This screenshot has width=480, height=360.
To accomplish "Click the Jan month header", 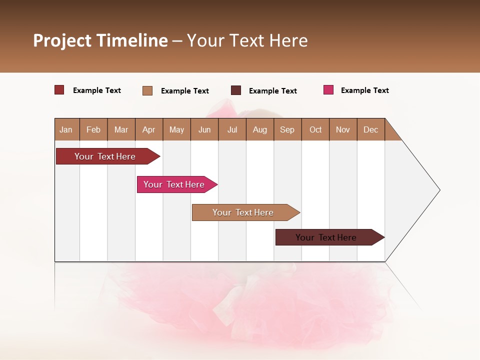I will [66, 129].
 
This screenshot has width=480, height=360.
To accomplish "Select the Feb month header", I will [93, 129].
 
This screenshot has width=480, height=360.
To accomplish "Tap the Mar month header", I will [121, 129].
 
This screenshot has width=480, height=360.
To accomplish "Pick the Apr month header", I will [149, 129].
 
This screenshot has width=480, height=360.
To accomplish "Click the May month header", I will [176, 129].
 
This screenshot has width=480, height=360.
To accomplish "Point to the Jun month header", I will [204, 129].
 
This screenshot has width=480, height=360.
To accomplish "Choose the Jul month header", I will [232, 129].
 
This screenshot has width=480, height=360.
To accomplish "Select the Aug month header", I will [260, 129].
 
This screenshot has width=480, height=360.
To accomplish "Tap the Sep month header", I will [287, 129].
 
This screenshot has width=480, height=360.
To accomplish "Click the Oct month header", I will [315, 129].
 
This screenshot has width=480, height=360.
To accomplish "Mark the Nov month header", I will [343, 129].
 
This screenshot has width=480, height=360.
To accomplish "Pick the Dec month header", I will [371, 129].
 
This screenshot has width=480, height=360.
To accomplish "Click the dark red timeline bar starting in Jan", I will [105, 156].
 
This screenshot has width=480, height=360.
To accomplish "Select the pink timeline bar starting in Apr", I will [174, 184].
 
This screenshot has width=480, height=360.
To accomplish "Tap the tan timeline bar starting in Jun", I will [243, 212].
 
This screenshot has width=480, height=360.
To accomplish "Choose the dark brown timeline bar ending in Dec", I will [326, 237].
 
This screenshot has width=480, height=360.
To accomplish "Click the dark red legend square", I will [59, 90].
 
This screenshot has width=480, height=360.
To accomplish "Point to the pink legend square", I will [328, 90].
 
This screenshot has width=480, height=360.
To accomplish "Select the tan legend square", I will [147, 90].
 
